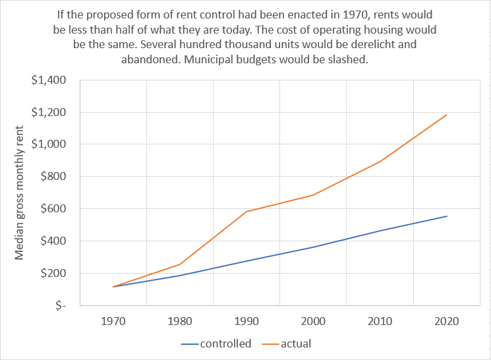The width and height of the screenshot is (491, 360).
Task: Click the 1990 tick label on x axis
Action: pyautogui.click(x=246, y=322)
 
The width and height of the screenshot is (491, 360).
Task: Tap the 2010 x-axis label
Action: pyautogui.click(x=380, y=322)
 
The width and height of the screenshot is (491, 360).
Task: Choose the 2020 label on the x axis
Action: pyautogui.click(x=447, y=322)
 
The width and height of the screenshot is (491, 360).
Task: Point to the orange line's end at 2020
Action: pyautogui.click(x=447, y=115)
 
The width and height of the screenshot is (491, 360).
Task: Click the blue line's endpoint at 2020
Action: pyautogui.click(x=447, y=216)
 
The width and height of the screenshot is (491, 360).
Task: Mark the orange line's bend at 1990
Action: pyautogui.click(x=246, y=212)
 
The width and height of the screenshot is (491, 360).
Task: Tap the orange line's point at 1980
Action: pyautogui.click(x=180, y=264)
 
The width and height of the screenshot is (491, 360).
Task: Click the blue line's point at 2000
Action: pyautogui.click(x=313, y=247)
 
